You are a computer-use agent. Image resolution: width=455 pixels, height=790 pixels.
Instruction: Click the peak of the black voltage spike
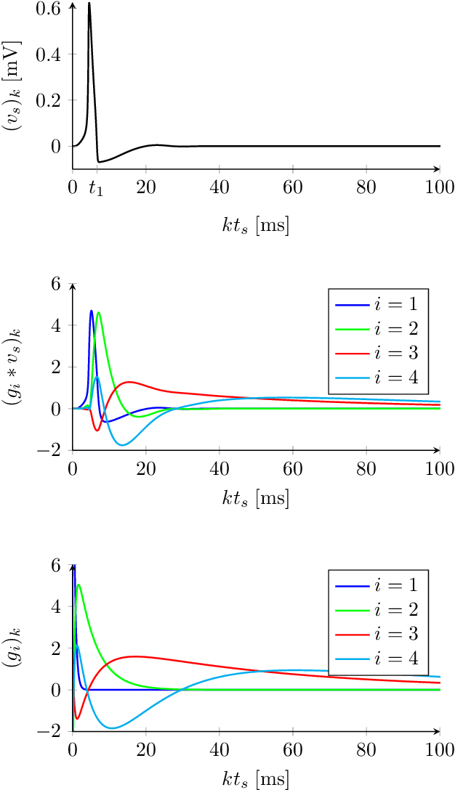[89, 4]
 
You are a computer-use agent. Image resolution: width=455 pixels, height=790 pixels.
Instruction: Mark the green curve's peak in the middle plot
[98, 313]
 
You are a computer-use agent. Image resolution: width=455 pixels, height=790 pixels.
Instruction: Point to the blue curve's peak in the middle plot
[91, 311]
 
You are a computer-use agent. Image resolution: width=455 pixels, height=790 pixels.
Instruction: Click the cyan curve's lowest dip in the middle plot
[123, 444]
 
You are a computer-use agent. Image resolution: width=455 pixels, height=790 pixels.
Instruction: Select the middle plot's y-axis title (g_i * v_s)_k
[15, 367]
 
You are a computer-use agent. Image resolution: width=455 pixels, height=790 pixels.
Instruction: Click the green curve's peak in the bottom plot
[78, 585]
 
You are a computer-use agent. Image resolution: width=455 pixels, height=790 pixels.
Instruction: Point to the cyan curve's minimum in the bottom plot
[111, 728]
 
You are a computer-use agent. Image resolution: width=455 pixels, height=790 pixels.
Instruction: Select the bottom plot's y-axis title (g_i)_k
[15, 648]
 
